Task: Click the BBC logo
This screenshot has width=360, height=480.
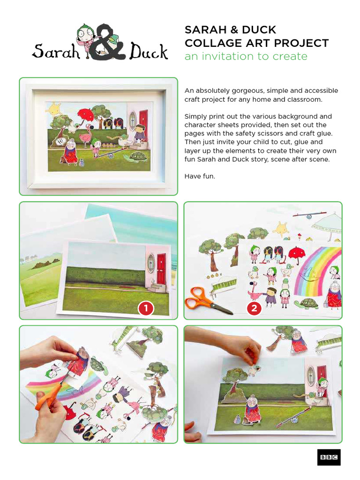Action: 329,457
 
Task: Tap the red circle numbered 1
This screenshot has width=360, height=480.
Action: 146,308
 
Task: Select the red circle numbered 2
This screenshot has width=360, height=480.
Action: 254,308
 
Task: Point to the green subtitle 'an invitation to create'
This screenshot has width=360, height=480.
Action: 246,57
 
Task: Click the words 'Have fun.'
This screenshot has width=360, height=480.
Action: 199,177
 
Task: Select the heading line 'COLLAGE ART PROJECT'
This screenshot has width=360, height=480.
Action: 256,43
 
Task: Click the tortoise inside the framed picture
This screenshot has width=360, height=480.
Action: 138,157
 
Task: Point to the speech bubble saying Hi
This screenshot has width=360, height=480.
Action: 60,141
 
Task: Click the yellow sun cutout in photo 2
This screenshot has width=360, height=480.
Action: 281,230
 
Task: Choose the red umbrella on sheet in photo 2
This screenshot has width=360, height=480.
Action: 296,254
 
